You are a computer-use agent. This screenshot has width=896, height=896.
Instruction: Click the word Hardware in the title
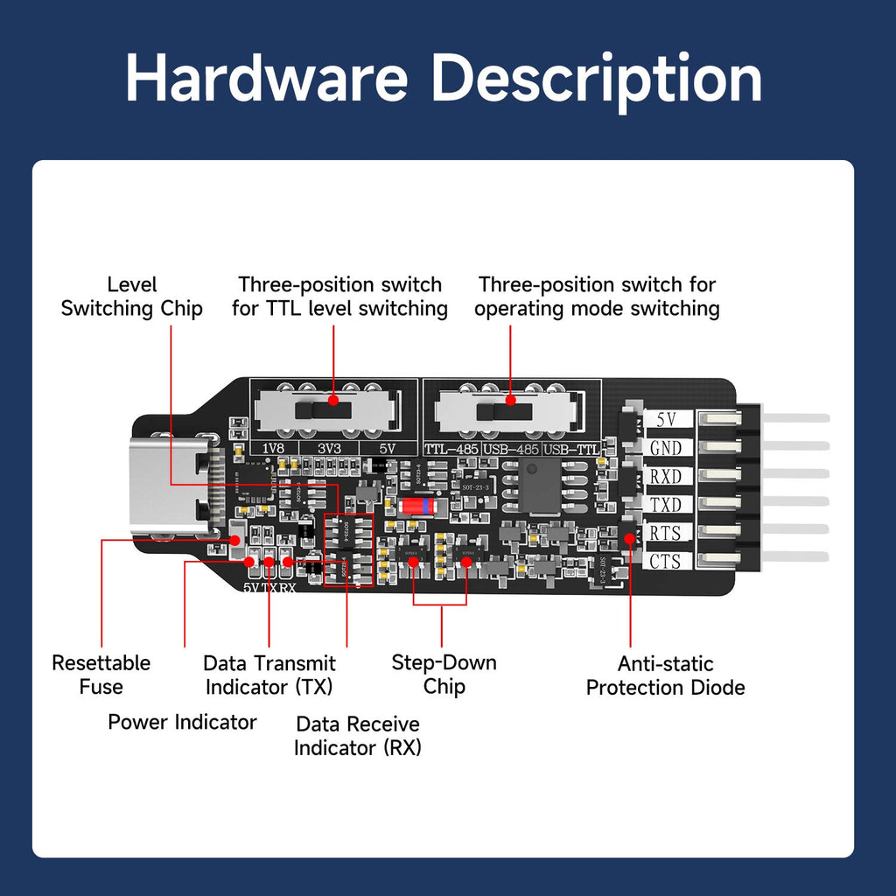266,79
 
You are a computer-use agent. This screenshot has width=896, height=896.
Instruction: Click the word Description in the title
597,79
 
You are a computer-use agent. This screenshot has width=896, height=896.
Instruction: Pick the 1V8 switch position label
274,448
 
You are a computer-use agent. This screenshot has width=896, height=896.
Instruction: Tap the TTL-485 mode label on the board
451,449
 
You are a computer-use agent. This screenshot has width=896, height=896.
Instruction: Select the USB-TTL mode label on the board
570,449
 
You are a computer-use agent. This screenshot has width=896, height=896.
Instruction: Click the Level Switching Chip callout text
132,297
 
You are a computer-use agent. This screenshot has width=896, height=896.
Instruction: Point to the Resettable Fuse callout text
101,675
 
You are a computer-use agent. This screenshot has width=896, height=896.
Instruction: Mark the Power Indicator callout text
182,722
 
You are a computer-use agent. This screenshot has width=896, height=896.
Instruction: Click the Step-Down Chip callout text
444,675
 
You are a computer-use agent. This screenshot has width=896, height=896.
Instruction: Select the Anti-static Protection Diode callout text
665,675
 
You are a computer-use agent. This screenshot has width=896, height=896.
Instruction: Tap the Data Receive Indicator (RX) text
357,736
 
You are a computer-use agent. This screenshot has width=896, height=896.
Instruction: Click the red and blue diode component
416,507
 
